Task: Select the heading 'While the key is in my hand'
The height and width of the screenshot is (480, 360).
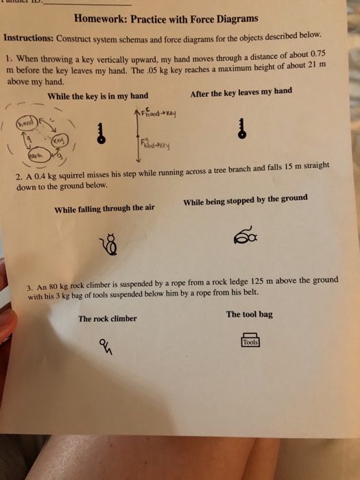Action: tap(97, 95)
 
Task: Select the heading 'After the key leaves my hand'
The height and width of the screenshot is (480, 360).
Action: tap(241, 92)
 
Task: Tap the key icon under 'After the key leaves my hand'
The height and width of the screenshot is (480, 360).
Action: tap(241, 128)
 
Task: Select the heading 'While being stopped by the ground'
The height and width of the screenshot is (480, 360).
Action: tap(245, 200)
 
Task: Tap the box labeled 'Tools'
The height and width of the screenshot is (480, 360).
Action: tap(250, 341)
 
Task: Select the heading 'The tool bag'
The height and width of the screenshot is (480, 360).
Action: tap(249, 314)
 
